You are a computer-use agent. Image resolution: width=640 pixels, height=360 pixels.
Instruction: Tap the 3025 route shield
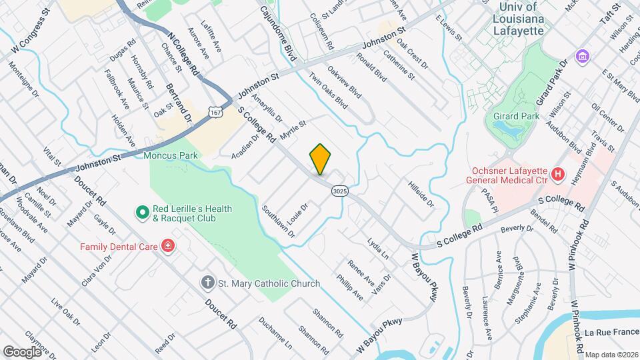click(x=339, y=191)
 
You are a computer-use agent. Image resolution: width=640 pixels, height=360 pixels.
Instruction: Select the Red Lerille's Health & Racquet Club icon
click(x=141, y=213)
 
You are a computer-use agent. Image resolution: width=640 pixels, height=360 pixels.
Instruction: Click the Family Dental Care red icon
click(x=168, y=247)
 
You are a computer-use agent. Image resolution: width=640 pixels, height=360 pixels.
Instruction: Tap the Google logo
click(x=22, y=351)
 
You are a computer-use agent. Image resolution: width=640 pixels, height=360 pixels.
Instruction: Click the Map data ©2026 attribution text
click(x=611, y=355)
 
